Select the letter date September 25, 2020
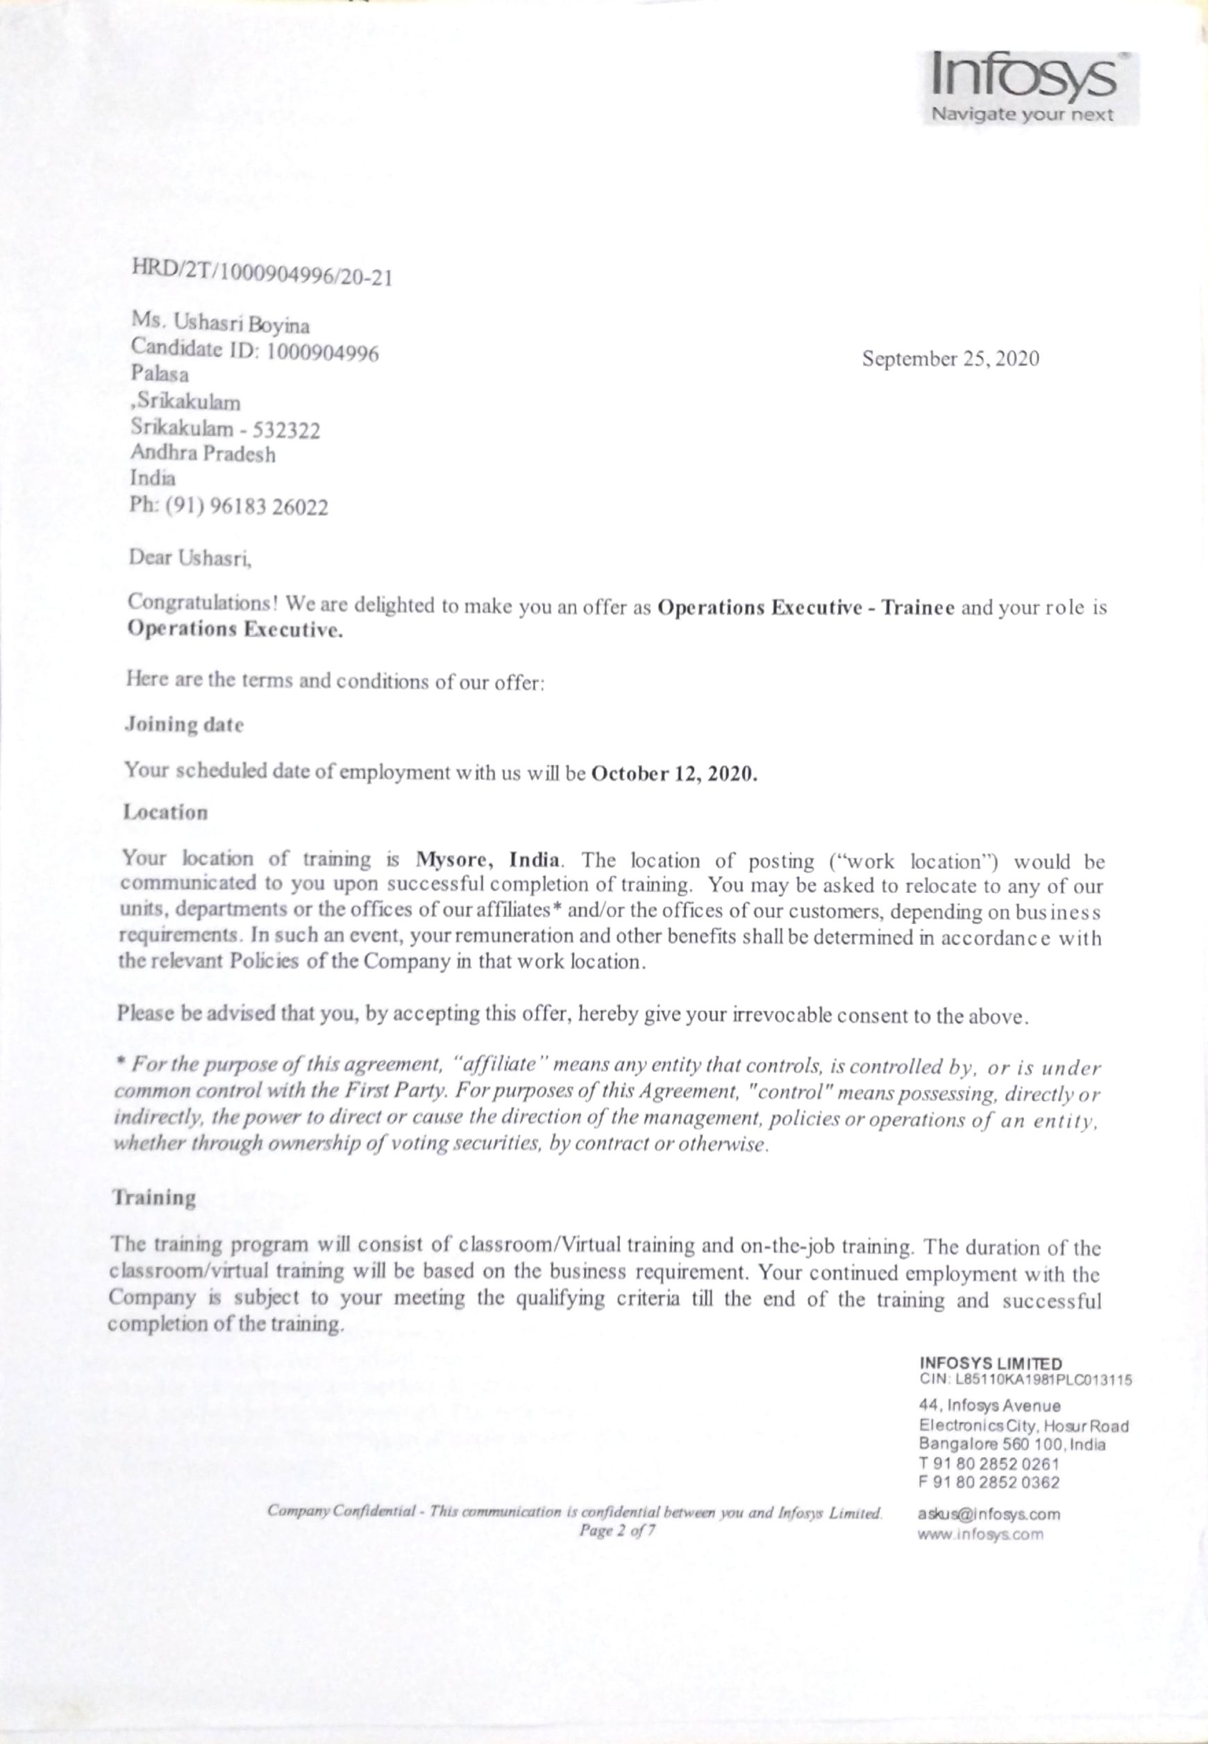coord(950,359)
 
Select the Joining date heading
coord(184,724)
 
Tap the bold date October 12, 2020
coord(673,775)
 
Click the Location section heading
coord(166,812)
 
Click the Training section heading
coord(153,1197)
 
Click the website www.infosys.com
coord(980,1534)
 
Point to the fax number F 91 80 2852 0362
coord(989,1483)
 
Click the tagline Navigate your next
coord(1022,115)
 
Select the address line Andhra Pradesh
coord(203,454)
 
